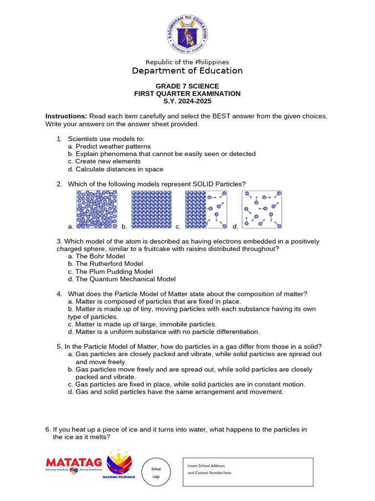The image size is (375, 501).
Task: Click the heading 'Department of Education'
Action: [x=187, y=71]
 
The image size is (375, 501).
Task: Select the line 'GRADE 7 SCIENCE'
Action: [x=187, y=86]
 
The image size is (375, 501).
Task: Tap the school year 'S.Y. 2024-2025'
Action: [x=187, y=101]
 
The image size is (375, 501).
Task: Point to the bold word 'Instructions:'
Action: [x=66, y=116]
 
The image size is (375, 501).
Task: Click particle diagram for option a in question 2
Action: [x=97, y=209]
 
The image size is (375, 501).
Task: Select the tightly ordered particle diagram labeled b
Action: [x=151, y=209]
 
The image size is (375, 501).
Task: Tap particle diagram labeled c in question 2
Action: [x=206, y=209]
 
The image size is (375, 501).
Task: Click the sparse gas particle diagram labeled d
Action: [x=262, y=209]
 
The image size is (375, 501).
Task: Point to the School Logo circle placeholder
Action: [x=156, y=473]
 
